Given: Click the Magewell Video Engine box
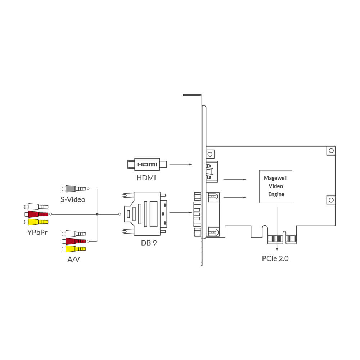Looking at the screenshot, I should click(x=276, y=186).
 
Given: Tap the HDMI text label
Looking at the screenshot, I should click(x=147, y=177).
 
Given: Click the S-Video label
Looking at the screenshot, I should click(x=73, y=199).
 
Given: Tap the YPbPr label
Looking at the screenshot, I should click(x=37, y=232).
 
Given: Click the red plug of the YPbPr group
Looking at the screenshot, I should click(x=36, y=214).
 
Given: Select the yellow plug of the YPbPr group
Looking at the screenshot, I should click(x=36, y=221).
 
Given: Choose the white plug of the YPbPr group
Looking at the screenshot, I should click(x=36, y=207).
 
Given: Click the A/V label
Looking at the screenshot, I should click(x=74, y=259).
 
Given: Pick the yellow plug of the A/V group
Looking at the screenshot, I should click(x=74, y=249).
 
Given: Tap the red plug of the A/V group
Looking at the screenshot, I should click(x=74, y=241).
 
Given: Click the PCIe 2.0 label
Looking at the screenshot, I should click(x=275, y=258).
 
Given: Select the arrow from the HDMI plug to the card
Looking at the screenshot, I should click(x=181, y=165).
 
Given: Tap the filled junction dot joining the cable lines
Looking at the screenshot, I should click(x=97, y=214).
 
